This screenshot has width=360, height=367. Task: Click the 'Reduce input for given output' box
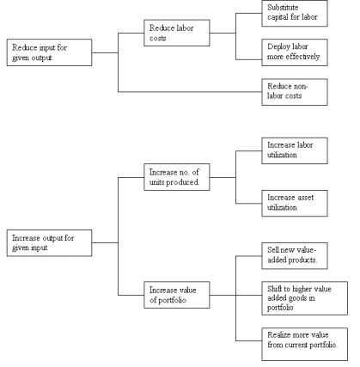coord(49,52)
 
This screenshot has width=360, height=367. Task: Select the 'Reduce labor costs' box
coord(177,33)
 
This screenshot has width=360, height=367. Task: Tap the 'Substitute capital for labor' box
coord(295,14)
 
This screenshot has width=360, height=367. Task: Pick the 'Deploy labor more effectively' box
coord(295,52)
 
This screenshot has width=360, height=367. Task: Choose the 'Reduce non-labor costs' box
coord(295,92)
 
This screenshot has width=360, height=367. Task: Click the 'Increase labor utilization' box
coord(295,150)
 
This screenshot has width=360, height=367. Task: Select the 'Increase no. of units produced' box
coord(177,177)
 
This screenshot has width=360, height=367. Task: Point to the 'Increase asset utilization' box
coord(295,203)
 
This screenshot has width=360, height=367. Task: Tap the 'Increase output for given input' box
coord(49,242)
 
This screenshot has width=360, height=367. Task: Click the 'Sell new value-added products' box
coord(295,256)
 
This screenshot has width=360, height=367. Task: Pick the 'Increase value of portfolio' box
coord(177,295)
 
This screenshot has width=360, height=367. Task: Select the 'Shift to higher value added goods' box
coord(304,298)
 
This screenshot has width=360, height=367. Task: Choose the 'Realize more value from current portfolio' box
coord(304,344)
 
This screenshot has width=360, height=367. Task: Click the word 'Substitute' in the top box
coord(283,8)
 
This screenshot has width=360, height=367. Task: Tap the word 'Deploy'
coord(276,47)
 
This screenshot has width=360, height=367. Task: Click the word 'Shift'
coord(274,289)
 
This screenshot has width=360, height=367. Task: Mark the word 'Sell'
coord(272,250)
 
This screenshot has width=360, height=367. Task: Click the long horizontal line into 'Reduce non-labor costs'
coord(190,92)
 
